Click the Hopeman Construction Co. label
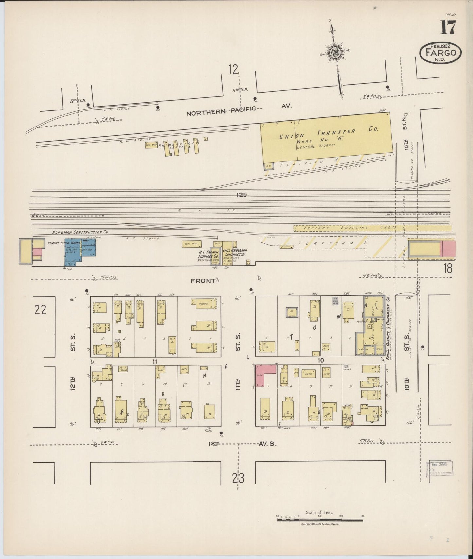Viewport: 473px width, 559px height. tap(81, 232)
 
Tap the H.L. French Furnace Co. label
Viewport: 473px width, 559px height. tap(209, 254)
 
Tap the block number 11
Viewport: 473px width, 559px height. tap(155, 361)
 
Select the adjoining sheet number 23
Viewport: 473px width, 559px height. tap(238, 478)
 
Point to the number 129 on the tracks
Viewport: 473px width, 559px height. tap(242, 195)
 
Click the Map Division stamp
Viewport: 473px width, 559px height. tap(440, 468)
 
